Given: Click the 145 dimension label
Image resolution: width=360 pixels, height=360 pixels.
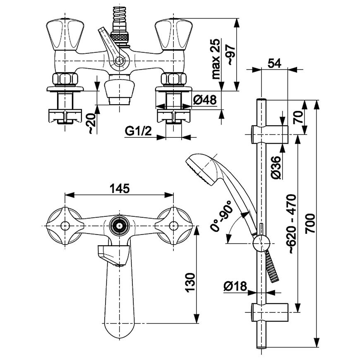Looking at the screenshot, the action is pyautogui.click(x=120, y=189).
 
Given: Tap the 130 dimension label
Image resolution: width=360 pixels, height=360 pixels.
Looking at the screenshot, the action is pyautogui.click(x=190, y=282).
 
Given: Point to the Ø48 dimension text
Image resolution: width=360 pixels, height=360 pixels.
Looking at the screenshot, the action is pyautogui.click(x=205, y=100).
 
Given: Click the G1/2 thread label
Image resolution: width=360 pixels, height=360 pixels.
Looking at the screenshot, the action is pyautogui.click(x=138, y=131).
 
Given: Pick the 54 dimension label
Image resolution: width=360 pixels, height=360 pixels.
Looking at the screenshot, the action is pyautogui.click(x=275, y=63).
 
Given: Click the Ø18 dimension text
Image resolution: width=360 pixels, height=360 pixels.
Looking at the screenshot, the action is pyautogui.click(x=235, y=286).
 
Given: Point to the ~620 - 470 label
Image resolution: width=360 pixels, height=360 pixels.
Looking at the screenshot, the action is pyautogui.click(x=292, y=224).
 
